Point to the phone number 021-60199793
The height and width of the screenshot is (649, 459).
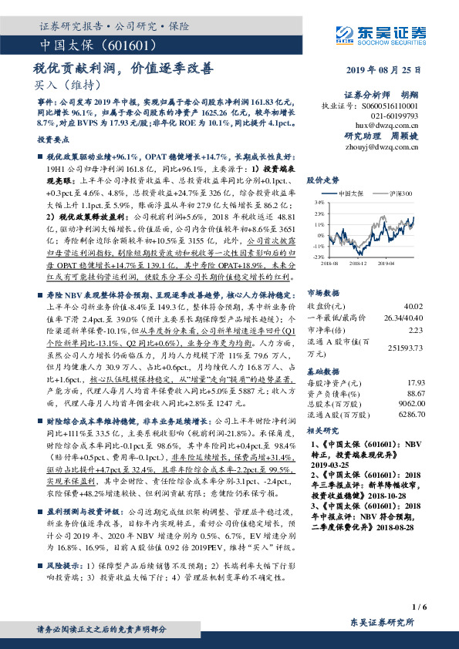pyautogui.click(x=399, y=114)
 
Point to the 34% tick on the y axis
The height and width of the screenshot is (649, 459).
pyautogui.click(x=319, y=203)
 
